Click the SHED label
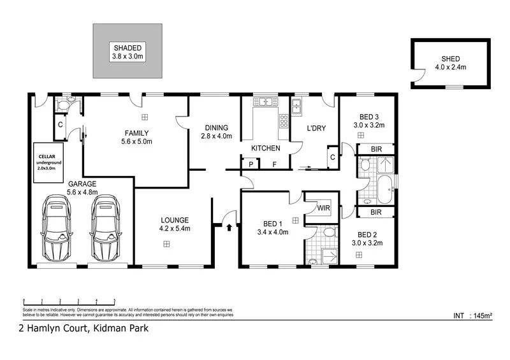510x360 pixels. point(450,59)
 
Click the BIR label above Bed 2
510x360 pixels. point(376,212)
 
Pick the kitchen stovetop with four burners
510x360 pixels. point(284,120)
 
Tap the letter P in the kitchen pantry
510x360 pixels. point(251,164)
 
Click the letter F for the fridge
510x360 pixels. point(275,164)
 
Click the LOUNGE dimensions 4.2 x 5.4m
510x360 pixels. point(175,228)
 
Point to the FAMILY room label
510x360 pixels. point(137,133)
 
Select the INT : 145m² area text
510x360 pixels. point(472,315)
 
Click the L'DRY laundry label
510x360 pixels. point(316,128)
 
